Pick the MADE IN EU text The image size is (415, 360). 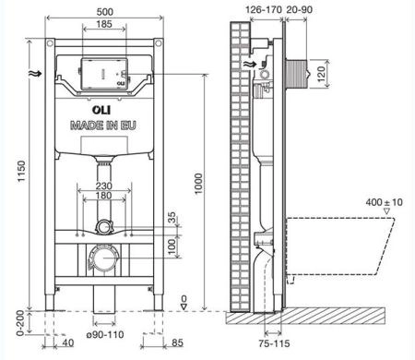tap(104, 124)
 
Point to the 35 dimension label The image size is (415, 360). tap(171, 218)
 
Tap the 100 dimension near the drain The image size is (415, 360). tap(171, 245)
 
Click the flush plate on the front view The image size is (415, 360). tap(103, 75)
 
